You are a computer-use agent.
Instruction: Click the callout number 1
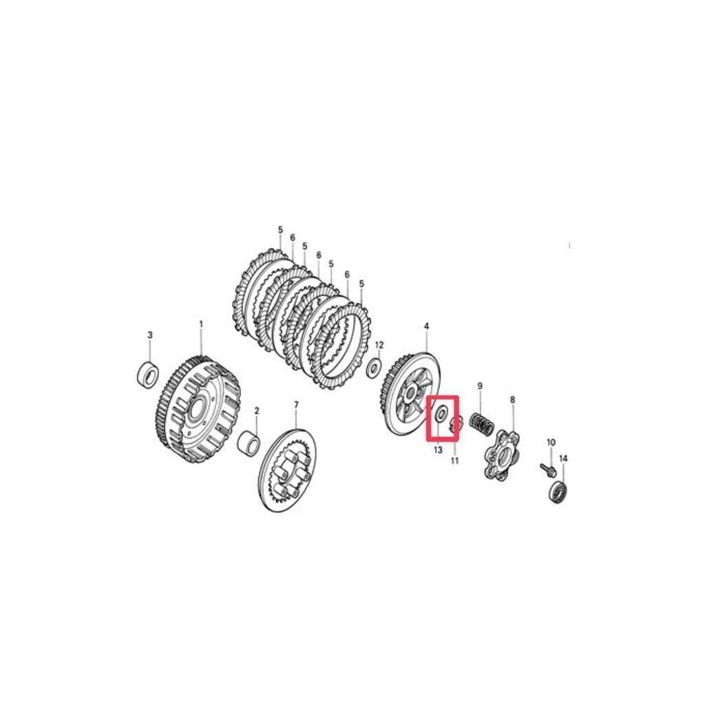point(201,324)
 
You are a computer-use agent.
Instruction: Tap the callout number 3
point(150,335)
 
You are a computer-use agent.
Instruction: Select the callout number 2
point(257,410)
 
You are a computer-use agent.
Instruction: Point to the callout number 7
point(296,405)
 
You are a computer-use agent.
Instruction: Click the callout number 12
point(379,345)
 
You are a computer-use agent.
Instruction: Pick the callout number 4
point(426,326)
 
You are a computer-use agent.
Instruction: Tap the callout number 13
point(438,450)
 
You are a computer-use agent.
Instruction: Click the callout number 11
point(454,461)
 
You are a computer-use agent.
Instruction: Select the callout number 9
point(480,386)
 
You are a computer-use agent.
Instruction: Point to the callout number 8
point(512,399)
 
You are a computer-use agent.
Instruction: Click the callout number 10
point(551,443)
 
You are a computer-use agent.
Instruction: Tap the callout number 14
point(563,458)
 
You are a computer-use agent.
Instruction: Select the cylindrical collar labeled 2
point(249,443)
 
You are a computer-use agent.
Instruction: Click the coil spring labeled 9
point(482,424)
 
